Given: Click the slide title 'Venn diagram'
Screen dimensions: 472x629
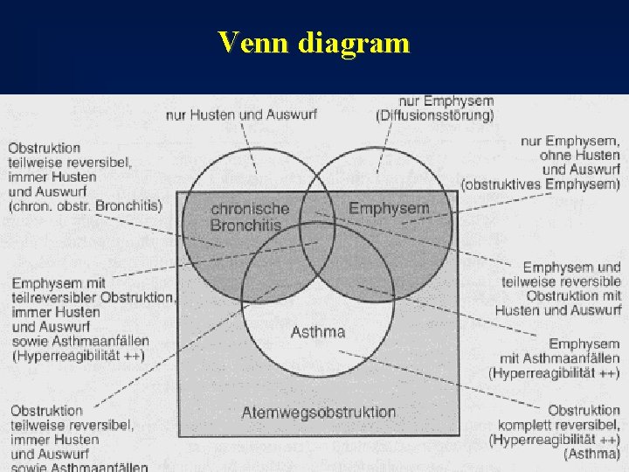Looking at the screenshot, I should click(x=314, y=41).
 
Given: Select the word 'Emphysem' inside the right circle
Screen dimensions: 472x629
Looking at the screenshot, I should click(x=389, y=208).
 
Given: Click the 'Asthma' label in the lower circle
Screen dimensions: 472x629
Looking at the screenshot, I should click(x=317, y=332).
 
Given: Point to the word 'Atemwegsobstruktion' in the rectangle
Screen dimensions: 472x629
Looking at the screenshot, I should click(x=318, y=412).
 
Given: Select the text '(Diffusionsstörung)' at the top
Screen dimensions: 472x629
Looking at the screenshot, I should click(x=434, y=115).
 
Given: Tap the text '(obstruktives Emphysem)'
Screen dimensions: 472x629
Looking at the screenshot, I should click(x=541, y=184).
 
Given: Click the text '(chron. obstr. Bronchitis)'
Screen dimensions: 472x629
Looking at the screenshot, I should click(x=85, y=206).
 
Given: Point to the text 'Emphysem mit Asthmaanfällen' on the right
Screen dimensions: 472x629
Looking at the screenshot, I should click(x=561, y=351).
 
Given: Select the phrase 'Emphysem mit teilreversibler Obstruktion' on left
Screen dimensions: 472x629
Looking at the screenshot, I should click(x=92, y=290).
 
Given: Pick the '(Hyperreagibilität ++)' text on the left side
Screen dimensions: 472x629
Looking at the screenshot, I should click(x=78, y=355).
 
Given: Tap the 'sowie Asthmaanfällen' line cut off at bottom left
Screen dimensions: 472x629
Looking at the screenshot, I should click(x=79, y=467).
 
